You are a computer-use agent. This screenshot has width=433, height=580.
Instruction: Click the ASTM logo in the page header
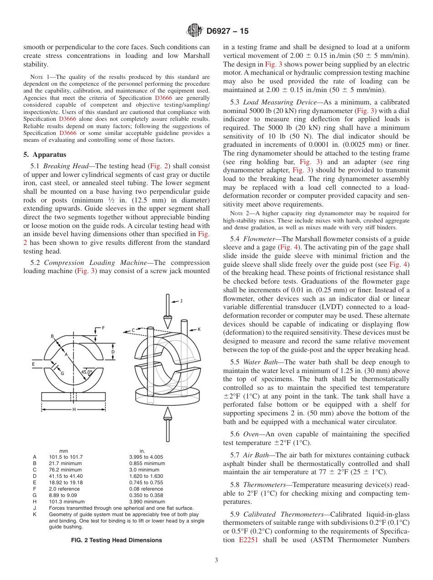[195, 31]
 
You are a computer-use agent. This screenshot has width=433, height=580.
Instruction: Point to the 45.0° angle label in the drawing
[86, 372]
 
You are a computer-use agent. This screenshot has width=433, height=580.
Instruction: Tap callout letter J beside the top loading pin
[181, 300]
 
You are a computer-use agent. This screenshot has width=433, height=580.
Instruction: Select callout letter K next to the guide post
[199, 329]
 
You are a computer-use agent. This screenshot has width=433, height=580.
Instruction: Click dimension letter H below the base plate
[74, 409]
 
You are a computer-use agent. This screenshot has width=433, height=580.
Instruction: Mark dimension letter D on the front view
[113, 352]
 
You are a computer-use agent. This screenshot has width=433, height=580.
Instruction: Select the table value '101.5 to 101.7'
[66, 457]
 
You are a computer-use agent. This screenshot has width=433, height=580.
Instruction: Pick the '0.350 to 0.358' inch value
[146, 495]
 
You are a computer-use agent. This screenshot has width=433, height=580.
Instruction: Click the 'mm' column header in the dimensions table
[64, 451]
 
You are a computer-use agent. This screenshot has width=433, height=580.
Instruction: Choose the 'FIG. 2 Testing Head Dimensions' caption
[116, 540]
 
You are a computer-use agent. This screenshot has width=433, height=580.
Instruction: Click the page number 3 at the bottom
[216, 560]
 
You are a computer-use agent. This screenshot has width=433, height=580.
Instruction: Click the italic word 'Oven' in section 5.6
[251, 434]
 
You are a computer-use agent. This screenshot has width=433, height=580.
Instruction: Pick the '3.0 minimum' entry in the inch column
[144, 470]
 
